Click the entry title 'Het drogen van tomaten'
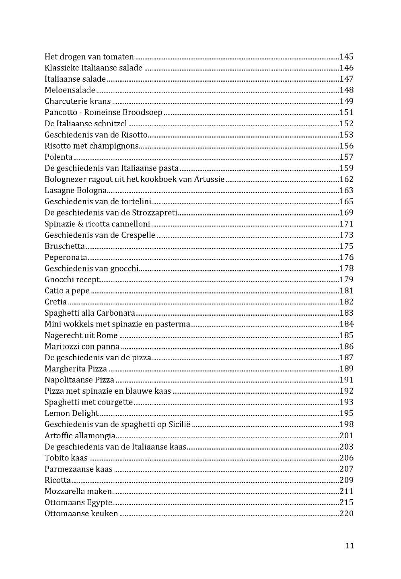click(89, 57)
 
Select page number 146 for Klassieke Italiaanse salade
click(346, 68)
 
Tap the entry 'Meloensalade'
click(70, 90)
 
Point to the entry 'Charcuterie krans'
click(78, 101)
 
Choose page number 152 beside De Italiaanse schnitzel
click(346, 123)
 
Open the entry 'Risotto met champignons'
click(91, 146)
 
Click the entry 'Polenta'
click(58, 157)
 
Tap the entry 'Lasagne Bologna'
click(76, 191)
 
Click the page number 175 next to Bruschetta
click(346, 246)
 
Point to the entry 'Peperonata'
click(66, 257)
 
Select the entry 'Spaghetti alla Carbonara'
click(90, 313)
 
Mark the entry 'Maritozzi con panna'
click(82, 347)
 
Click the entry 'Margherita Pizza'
click(76, 369)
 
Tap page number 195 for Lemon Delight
click(346, 413)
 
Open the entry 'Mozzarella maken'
click(78, 491)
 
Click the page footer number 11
click(350, 546)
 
